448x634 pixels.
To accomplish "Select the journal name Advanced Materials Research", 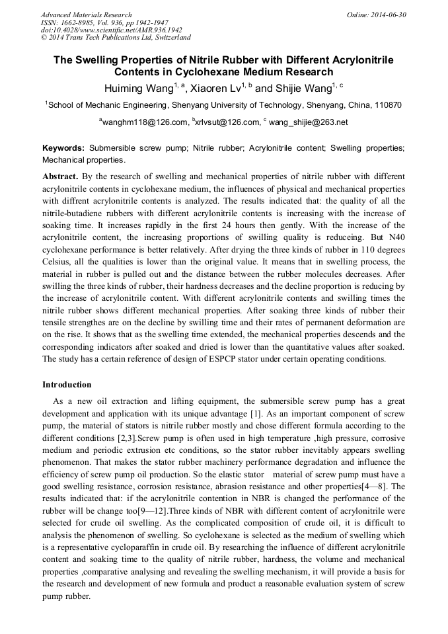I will click(x=86, y=15).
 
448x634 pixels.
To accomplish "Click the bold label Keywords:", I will click(x=63, y=149).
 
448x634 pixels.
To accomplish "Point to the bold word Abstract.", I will click(x=60, y=177).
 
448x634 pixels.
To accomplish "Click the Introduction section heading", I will click(x=67, y=385).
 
